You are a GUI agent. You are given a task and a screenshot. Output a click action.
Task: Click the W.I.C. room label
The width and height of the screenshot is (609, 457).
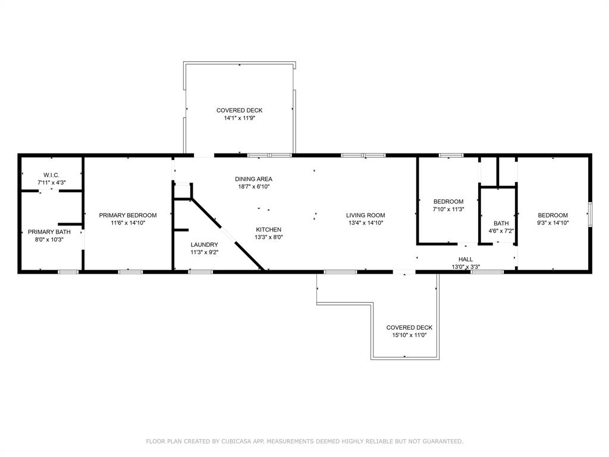(x=51, y=176)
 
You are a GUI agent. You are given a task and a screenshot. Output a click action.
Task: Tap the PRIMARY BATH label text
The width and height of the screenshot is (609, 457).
(x=49, y=232)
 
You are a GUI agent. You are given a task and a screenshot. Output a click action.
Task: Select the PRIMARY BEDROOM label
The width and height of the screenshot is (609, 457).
(x=128, y=215)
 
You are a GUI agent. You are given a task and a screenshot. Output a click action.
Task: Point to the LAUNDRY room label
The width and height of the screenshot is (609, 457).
(x=205, y=245)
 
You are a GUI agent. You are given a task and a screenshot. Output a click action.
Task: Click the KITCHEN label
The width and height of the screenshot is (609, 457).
(x=269, y=230)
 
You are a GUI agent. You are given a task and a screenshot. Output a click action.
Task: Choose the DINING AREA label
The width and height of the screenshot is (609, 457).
(x=253, y=179)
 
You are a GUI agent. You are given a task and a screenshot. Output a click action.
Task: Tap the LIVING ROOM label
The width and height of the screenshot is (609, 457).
(x=366, y=215)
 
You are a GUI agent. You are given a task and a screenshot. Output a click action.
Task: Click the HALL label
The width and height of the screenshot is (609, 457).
(x=466, y=259)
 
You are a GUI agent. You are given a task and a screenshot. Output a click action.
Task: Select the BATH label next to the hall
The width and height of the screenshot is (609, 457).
(x=501, y=224)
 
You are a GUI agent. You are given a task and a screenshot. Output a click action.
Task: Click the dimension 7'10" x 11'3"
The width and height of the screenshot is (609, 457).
(x=448, y=209)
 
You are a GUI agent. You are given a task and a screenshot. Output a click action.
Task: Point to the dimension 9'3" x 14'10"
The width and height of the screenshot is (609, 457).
(x=553, y=223)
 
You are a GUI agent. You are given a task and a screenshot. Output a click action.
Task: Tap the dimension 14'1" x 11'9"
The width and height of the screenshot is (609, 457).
(x=239, y=118)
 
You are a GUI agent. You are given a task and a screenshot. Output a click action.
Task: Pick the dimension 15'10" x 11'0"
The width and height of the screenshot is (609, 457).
(x=409, y=336)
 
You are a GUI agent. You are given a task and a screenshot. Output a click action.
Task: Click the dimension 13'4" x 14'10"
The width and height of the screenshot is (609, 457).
(x=366, y=223)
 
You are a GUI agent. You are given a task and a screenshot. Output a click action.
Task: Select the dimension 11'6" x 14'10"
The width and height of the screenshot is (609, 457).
(x=128, y=223)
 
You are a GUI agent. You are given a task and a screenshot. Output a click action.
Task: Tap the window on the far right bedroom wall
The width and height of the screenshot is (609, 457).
(x=590, y=214)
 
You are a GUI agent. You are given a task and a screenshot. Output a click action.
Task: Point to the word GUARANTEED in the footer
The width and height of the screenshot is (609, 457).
(x=442, y=442)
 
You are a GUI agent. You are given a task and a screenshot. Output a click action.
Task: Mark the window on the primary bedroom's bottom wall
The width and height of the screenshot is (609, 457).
(x=130, y=272)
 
